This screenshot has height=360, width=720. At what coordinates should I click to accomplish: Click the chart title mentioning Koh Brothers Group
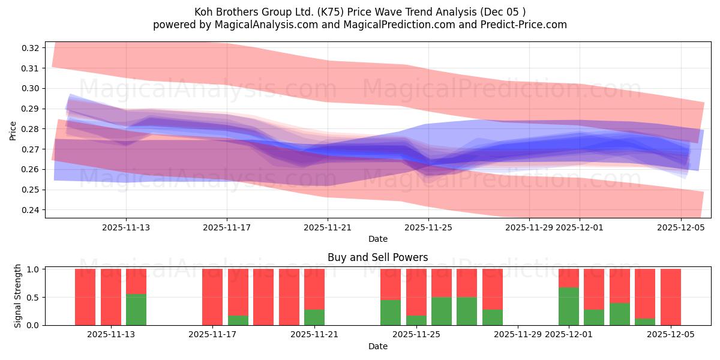(360, 12)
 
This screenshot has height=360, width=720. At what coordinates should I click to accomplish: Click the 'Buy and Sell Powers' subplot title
(377, 257)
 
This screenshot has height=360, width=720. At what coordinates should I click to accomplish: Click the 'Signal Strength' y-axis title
(18, 296)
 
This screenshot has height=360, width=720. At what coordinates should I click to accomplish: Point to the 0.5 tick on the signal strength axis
(34, 297)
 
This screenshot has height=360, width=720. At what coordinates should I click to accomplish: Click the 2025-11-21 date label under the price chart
(328, 227)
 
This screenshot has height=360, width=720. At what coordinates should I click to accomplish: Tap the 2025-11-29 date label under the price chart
(529, 227)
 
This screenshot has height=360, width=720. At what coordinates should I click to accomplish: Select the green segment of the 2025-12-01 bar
(568, 306)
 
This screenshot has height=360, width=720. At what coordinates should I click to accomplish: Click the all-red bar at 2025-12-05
(670, 297)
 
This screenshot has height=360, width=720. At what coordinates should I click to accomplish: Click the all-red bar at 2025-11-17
(212, 297)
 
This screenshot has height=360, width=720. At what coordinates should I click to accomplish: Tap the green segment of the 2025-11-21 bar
(314, 317)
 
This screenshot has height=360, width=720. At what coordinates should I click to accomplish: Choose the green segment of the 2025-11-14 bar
(136, 310)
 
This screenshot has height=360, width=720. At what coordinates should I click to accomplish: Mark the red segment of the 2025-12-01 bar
(568, 278)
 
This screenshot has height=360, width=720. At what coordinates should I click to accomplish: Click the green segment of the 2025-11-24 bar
(391, 313)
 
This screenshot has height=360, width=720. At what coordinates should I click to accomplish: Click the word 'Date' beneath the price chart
(377, 239)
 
